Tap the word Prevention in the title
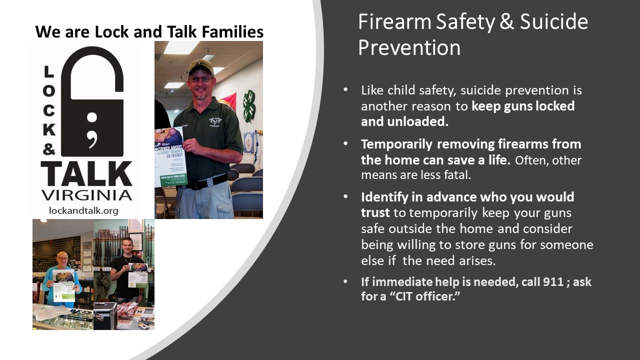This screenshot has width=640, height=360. tap(409, 47)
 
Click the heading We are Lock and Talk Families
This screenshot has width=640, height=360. tap(149, 32)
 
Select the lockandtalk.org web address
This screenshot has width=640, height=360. tap(83, 210)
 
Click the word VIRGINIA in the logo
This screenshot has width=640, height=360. tap(86, 195)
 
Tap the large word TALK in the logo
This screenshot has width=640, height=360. tap(86, 173)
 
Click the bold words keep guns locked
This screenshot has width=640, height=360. tap(523, 106)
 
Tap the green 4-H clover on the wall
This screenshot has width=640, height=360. tap(249, 105)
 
